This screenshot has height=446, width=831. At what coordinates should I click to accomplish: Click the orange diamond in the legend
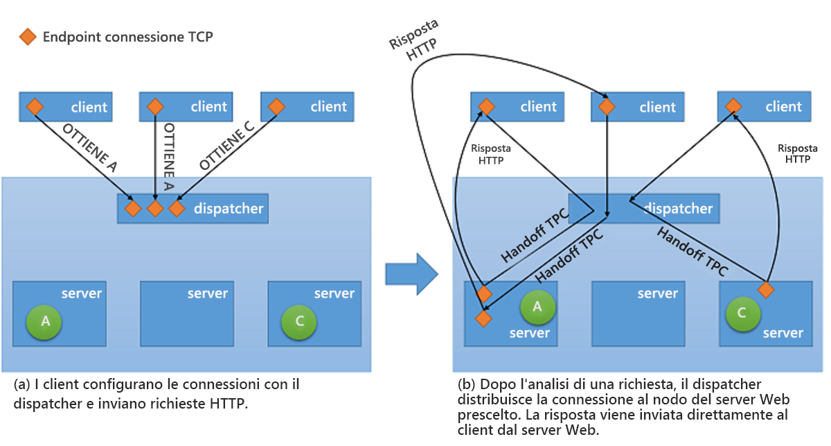[28, 37]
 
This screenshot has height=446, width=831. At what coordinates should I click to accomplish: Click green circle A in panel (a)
[46, 320]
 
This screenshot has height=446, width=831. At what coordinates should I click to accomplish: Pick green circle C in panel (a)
[299, 321]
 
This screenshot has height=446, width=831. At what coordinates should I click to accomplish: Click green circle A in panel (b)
[537, 307]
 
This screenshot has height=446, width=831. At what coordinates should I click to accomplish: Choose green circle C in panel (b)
[742, 313]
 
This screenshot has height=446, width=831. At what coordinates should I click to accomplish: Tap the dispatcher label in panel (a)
[228, 207]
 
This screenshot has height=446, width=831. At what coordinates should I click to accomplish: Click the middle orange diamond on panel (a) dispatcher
[155, 207]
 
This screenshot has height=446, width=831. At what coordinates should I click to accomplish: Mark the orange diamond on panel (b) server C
[765, 289]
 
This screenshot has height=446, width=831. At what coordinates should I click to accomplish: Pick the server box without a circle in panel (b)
[638, 314]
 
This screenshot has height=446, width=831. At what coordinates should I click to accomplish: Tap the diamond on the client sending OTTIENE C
[276, 107]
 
